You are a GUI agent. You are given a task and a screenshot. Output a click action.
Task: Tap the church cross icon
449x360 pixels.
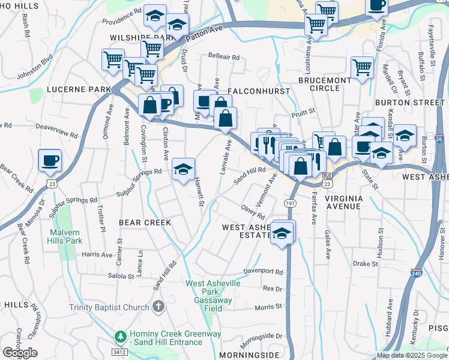click(x=158, y=307)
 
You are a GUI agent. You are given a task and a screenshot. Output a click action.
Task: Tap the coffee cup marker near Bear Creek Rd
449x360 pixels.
click(x=50, y=161)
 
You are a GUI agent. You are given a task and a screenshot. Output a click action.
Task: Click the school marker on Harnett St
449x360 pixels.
click(x=183, y=169)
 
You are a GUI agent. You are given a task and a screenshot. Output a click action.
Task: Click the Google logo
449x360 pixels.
click(x=20, y=353)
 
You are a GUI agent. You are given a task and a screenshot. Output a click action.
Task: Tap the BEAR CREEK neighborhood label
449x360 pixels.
click(x=145, y=223)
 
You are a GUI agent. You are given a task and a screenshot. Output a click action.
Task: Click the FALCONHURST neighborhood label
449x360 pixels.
click(x=260, y=91)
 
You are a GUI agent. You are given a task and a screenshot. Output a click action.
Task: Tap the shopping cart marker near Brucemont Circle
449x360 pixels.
click(x=362, y=68)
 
